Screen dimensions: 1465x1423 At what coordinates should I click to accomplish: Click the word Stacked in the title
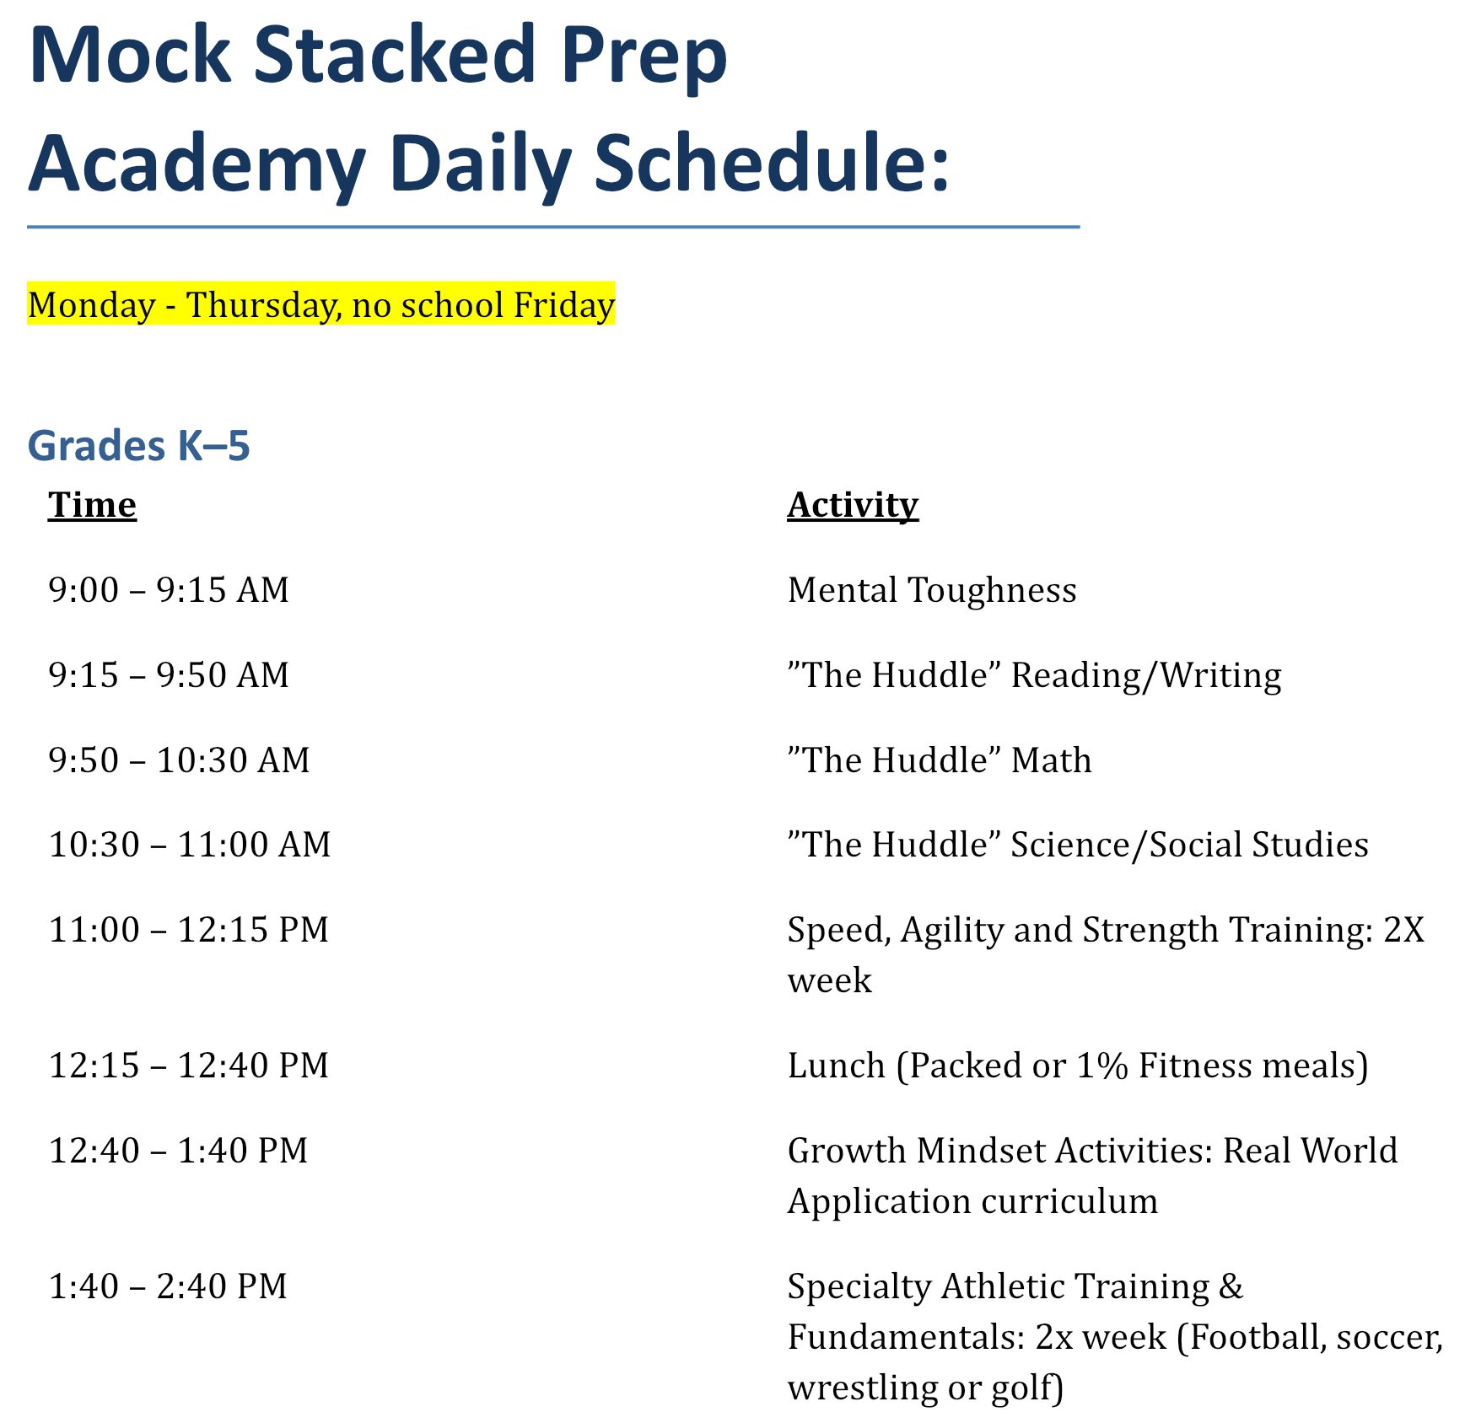pos(396,55)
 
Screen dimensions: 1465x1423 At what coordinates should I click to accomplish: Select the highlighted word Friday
pos(564,304)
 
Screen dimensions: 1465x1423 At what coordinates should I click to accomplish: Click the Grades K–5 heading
pos(139,445)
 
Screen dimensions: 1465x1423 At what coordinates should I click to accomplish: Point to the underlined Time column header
pos(92,505)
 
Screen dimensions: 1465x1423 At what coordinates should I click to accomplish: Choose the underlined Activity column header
pos(853,506)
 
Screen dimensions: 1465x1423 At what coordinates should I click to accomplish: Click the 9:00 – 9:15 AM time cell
pos(169,590)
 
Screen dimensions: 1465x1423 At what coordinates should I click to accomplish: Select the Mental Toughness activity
pos(932,590)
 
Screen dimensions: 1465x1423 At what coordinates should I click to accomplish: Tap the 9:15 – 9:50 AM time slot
pos(169,675)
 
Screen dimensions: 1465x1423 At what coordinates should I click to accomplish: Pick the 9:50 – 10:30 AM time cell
pos(179,760)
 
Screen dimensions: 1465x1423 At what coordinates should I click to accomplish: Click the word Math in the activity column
pos(1051,760)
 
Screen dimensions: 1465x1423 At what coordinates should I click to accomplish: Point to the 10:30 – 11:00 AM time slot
pos(190,845)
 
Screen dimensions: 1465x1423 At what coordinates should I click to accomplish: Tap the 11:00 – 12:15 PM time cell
pos(189,930)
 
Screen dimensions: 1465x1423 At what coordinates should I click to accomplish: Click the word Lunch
pos(836,1066)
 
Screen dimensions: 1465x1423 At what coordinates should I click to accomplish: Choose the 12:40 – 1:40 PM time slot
pos(179,1151)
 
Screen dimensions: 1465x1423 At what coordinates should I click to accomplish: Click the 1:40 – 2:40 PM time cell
pos(168,1286)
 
